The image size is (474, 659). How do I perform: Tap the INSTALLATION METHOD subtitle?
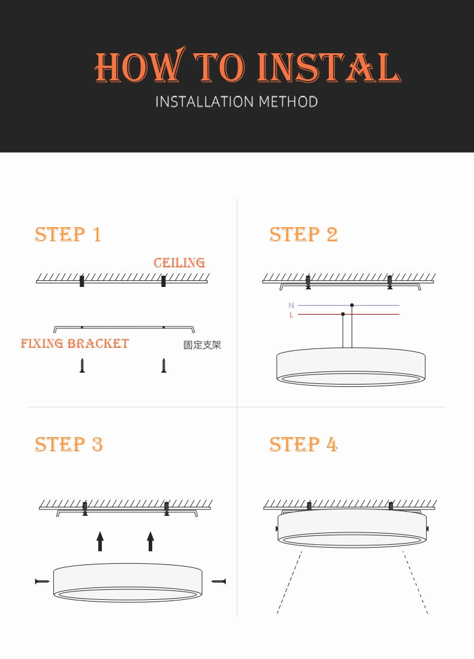pyautogui.click(x=236, y=102)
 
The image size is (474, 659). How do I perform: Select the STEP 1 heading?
pyautogui.click(x=68, y=234)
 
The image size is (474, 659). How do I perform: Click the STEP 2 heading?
pyautogui.click(x=303, y=234)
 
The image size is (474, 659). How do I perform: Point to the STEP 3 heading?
pyautogui.click(x=69, y=444)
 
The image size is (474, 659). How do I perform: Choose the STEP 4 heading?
pyautogui.click(x=303, y=444)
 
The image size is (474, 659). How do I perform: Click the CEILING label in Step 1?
pyautogui.click(x=180, y=263)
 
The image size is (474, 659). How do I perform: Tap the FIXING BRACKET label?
pyautogui.click(x=75, y=344)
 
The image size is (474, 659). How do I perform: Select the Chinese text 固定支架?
pyautogui.click(x=202, y=345)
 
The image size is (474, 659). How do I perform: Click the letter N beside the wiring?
pyautogui.click(x=291, y=305)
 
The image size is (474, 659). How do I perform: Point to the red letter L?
pyautogui.click(x=291, y=315)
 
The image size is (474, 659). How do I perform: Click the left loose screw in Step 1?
pyautogui.click(x=82, y=366)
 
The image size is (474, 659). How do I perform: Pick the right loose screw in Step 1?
pyautogui.click(x=164, y=366)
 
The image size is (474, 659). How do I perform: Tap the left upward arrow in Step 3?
pyautogui.click(x=100, y=541)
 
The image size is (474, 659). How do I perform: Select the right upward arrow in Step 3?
pyautogui.click(x=150, y=541)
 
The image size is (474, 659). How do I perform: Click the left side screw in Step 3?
pyautogui.click(x=43, y=582)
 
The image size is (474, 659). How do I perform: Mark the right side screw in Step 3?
pyautogui.click(x=219, y=582)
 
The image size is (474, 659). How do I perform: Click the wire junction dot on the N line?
pyautogui.click(x=352, y=305)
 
